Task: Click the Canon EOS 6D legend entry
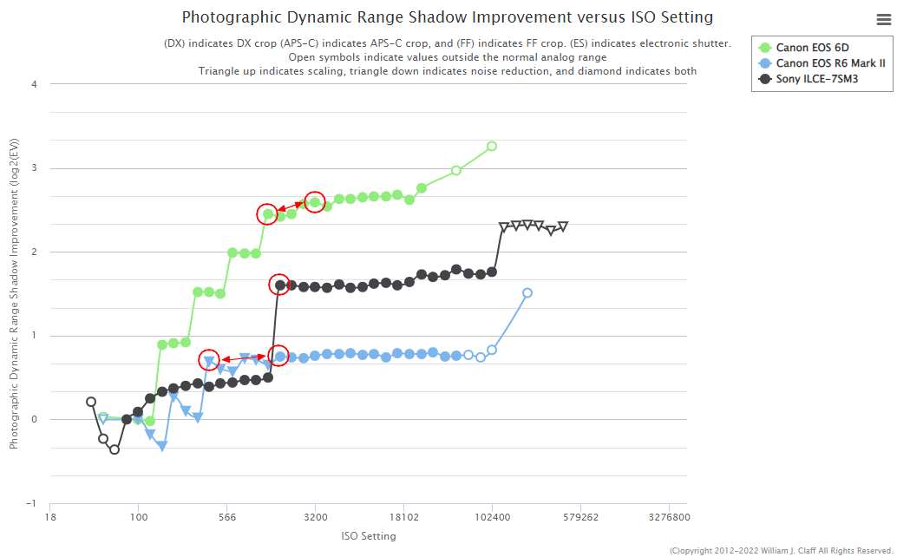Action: coord(812,48)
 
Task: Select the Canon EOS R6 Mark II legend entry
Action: coord(830,63)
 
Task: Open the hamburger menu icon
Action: coord(884,21)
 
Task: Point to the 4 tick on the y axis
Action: coord(34,84)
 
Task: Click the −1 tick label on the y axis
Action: coord(31,503)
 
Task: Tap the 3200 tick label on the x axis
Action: coord(315,518)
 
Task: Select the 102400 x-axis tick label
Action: coord(492,518)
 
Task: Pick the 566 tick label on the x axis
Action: coord(226,518)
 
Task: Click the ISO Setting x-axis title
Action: coord(369,536)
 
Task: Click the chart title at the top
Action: coord(448,17)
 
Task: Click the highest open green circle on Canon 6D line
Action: coord(492,146)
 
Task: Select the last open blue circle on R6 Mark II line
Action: coord(527,293)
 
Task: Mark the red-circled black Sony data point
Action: coord(279,285)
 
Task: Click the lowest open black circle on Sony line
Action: coord(115,449)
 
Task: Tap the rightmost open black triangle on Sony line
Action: coord(563,226)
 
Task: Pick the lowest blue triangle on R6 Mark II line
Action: coord(161,447)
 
